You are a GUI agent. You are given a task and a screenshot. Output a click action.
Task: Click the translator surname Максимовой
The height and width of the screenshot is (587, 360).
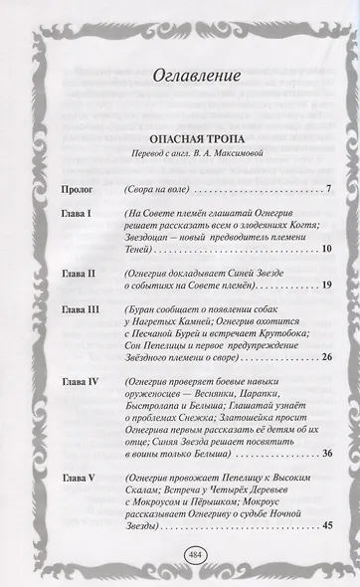point(228,158)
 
